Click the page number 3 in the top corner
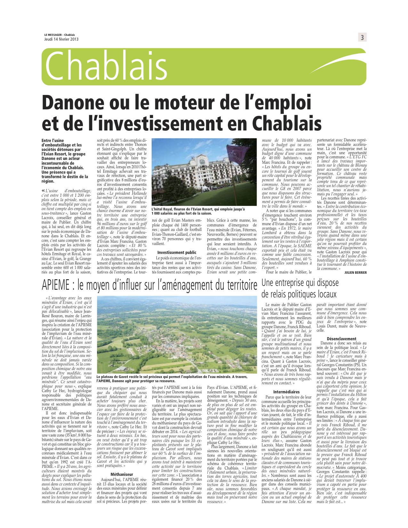coord(362,38)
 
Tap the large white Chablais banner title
coord(107,67)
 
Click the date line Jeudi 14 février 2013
coord(61,39)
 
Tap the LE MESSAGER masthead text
coord(53,35)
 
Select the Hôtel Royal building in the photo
coord(197,169)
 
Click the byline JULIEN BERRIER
coord(356,272)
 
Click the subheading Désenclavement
coord(341,339)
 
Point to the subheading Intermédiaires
coord(286,391)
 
